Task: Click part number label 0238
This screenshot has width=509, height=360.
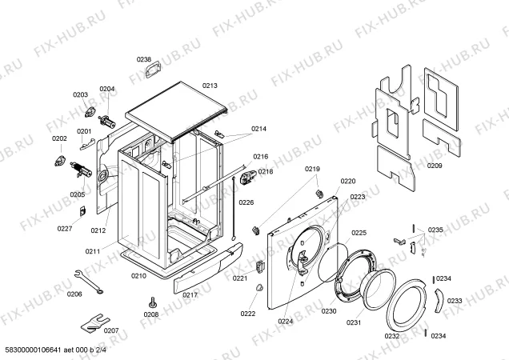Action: [x=143, y=59]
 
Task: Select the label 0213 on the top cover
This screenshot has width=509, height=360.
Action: [x=210, y=85]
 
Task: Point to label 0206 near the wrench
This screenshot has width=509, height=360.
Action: [x=74, y=294]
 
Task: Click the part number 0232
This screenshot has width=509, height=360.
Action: [x=392, y=338]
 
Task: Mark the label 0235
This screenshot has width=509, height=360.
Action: [x=435, y=230]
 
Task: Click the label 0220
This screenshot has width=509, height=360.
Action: [x=347, y=182]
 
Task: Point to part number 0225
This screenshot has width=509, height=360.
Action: [x=359, y=233]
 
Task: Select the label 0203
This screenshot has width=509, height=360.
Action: [x=80, y=95]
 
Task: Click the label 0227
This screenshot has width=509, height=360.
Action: [x=65, y=230]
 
